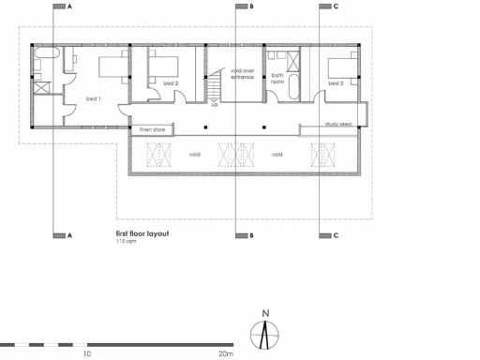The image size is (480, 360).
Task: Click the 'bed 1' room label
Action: (93, 98)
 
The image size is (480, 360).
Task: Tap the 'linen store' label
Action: (153, 129)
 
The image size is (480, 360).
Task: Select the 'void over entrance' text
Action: (242, 73)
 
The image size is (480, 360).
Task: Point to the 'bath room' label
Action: (277, 77)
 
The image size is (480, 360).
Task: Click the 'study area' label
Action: (338, 123)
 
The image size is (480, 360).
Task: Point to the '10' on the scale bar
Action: (86, 354)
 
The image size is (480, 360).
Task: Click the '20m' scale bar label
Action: (225, 354)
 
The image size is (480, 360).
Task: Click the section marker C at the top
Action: (335, 6)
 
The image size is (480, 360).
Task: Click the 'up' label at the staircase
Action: (214, 105)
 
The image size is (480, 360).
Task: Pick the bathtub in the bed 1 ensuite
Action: (42, 65)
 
